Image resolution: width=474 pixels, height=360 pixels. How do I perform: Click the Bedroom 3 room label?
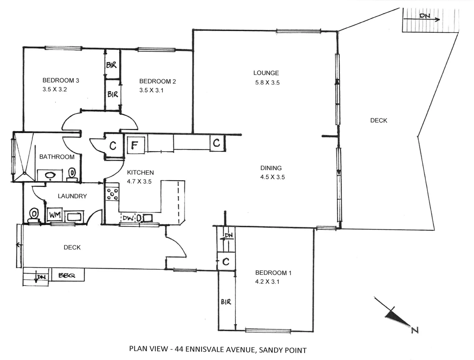pos(60,80)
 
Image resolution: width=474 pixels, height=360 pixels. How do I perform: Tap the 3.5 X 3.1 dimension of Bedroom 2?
pos(151,90)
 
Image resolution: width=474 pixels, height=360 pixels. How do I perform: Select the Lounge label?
pos(266,73)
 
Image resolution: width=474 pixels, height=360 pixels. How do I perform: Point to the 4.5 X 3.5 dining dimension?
pos(272,177)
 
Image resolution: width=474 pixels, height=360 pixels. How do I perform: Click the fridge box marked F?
pos(134,145)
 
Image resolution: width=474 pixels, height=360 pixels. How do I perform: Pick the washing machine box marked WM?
pos(54,215)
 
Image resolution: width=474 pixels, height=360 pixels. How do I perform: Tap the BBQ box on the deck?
pos(67,275)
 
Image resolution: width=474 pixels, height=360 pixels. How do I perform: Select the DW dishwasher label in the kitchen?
pos(127,218)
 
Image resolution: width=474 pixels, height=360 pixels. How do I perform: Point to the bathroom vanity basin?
pos(50,175)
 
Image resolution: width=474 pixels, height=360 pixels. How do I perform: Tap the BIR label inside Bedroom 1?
pos(226,302)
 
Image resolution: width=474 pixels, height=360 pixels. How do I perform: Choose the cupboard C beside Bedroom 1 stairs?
pos(226,262)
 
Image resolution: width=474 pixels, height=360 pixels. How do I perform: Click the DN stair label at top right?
pos(425,16)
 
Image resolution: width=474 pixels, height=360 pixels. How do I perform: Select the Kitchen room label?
pos(140,172)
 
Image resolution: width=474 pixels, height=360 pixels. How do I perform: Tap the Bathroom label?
pos(57,157)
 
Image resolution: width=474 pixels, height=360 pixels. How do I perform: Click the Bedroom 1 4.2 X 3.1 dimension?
pos(267,282)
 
